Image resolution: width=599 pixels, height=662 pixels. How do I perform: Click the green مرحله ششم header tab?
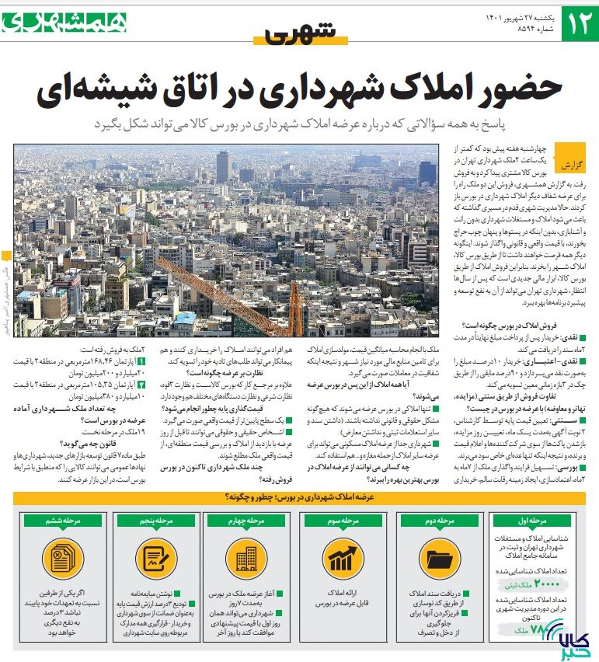pos(61,521)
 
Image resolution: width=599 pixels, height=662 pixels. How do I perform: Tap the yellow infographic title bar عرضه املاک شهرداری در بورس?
pos(299,496)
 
